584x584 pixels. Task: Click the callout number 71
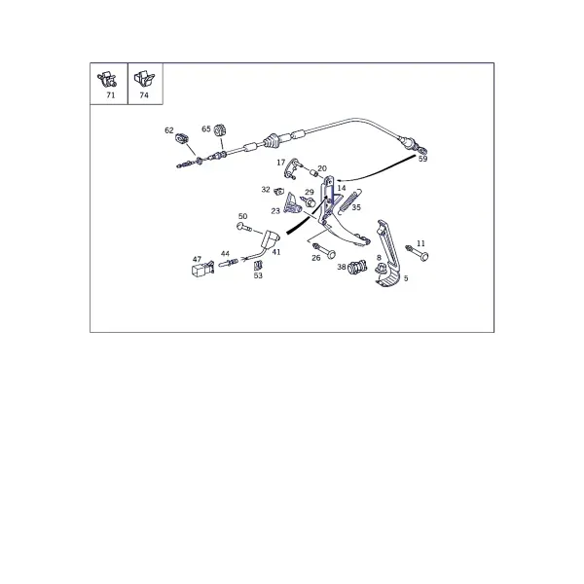pos(111,95)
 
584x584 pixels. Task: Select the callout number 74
pos(144,95)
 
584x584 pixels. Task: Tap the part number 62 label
pos(169,130)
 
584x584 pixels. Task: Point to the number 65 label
pos(206,128)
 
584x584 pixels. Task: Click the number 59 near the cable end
pos(422,159)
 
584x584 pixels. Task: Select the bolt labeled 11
pos(418,252)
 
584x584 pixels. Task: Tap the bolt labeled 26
pos(324,251)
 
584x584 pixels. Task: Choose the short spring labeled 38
pos(357,267)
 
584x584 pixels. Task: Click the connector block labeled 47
pos(203,269)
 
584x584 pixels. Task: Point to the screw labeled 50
pos(244,227)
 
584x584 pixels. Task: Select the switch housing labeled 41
pos(271,238)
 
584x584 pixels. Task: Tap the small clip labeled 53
pos(257,266)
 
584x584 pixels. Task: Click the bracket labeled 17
pos(292,168)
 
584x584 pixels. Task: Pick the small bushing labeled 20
pos(314,173)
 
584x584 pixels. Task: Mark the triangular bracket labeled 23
pos(292,203)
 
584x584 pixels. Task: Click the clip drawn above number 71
pos(107,80)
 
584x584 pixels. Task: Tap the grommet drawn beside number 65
pos(221,130)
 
